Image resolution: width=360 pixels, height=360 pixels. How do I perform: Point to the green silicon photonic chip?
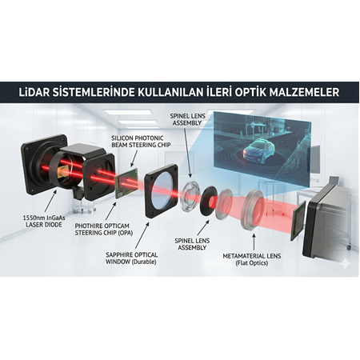tap(125, 186)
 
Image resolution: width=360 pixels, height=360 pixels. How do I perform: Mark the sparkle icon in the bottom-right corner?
tap(344, 262)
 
